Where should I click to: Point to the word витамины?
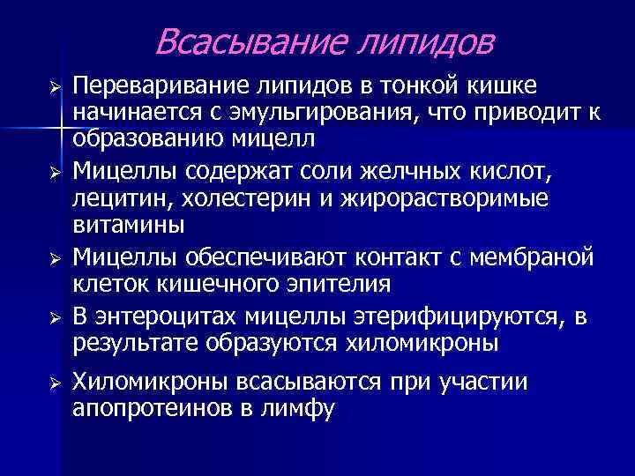tap(129, 226)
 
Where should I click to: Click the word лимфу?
tap(303, 409)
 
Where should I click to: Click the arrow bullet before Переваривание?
tap(54, 86)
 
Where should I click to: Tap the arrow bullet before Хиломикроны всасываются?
tap(54, 382)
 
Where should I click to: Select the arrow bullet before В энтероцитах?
tap(54, 316)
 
